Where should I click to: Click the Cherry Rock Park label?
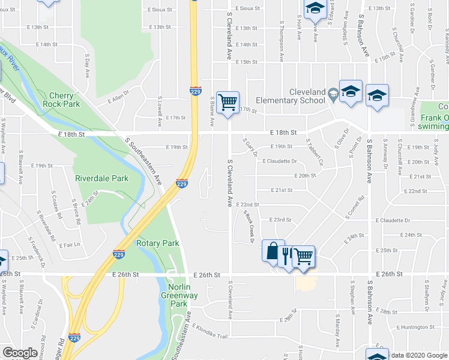(61, 100)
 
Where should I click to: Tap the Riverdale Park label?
(101, 178)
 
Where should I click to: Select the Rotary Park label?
(158, 243)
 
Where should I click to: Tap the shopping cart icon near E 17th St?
(228, 103)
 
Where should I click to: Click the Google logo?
(20, 353)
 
